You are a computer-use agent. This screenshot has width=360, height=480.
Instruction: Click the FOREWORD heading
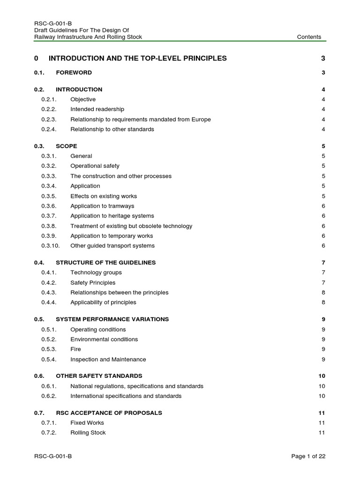(x=74, y=73)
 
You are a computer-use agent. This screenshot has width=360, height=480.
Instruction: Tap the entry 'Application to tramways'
(x=102, y=206)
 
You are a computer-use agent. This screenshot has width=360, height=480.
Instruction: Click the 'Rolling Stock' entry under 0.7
(x=88, y=433)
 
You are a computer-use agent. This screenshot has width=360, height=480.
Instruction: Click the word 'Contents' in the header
(x=309, y=37)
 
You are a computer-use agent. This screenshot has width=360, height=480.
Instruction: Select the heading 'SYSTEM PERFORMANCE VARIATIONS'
(x=112, y=319)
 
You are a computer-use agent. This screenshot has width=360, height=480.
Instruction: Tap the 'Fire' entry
(x=75, y=349)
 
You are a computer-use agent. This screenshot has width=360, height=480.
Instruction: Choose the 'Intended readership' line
(x=97, y=109)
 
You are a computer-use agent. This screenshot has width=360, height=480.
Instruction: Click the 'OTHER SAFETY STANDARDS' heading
(x=99, y=376)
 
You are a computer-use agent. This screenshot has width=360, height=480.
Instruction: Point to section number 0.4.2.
(x=49, y=283)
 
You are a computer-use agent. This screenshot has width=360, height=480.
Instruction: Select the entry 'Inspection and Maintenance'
(x=108, y=360)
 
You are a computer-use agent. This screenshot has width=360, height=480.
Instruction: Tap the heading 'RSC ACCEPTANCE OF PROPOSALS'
(x=109, y=413)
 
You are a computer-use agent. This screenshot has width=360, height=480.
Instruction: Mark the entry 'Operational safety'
(x=95, y=166)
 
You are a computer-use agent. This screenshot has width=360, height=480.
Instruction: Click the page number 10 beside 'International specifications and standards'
(x=322, y=396)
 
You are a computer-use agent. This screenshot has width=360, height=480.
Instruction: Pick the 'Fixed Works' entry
(x=87, y=423)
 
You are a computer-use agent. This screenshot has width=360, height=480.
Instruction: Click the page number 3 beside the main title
(x=323, y=58)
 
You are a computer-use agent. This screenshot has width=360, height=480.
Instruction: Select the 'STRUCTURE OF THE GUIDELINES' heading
(x=105, y=262)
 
